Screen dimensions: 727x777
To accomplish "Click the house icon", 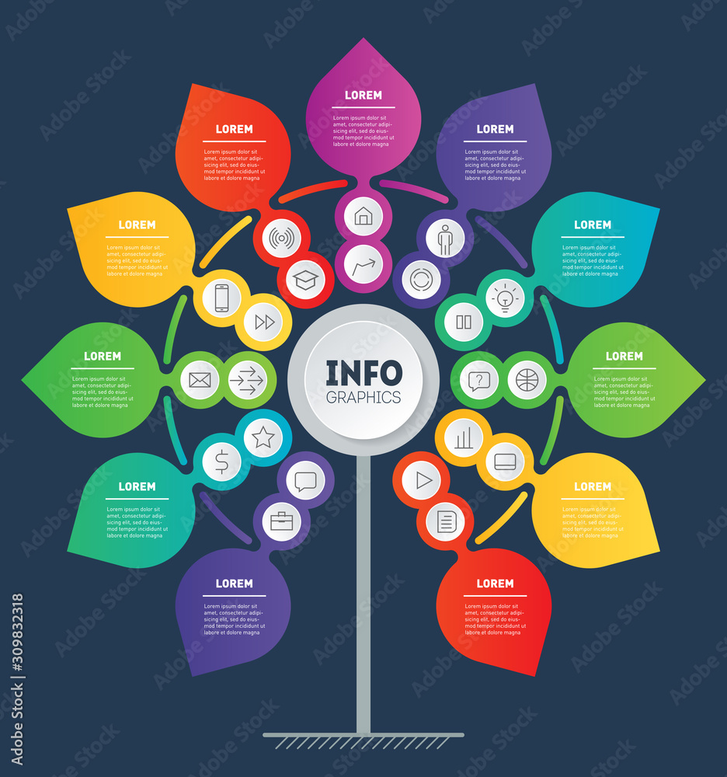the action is point(363,216).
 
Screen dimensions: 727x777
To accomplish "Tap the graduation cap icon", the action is point(305,280).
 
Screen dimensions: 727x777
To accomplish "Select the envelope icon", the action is point(200,380).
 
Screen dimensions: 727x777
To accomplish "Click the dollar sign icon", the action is point(221,462).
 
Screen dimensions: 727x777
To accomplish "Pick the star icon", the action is point(263,437).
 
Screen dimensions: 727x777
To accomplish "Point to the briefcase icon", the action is point(280,521).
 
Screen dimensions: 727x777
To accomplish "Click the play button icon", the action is point(423,480).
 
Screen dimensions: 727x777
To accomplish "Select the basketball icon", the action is point(527,380).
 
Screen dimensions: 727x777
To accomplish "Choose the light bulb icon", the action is point(505,298).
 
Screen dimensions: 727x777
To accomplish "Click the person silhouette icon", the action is point(445,239).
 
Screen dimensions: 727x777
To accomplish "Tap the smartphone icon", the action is point(221,298).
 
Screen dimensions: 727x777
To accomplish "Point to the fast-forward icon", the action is point(265,322).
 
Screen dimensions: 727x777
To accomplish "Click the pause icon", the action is point(464,322).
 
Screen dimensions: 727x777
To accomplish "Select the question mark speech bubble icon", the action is point(479,380).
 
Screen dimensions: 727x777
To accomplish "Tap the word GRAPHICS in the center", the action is point(363,397).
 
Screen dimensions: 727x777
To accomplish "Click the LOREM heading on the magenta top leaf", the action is point(363,95).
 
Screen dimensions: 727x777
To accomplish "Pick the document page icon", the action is point(446,521).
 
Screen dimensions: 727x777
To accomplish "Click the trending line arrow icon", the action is point(363,267).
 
